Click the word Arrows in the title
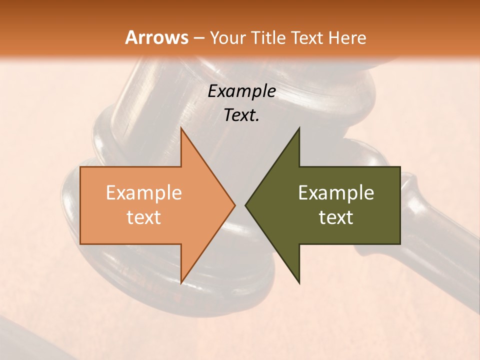tap(156, 37)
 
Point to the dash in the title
tap(198, 38)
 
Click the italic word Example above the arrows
tap(242, 91)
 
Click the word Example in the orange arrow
tap(144, 193)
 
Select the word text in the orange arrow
tap(144, 217)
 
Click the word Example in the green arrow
tap(336, 193)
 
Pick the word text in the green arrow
tap(336, 217)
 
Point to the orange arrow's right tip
tap(234, 205)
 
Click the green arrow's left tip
tap(246, 205)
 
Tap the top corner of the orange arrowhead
tap(181, 128)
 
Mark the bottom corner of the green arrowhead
tap(299, 283)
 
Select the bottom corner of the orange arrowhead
tap(181, 282)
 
